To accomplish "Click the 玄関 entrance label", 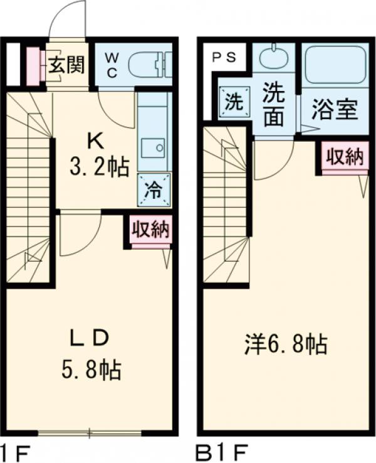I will [66, 65].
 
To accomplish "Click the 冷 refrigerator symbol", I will [153, 189].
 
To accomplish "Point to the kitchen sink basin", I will [153, 149].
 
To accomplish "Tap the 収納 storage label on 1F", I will [150, 230].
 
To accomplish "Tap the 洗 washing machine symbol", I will [233, 102].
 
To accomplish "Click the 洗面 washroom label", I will [274, 104].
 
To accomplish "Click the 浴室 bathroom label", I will [335, 108].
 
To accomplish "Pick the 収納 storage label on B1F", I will [345, 157].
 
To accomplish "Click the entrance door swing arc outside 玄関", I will [69, 19].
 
